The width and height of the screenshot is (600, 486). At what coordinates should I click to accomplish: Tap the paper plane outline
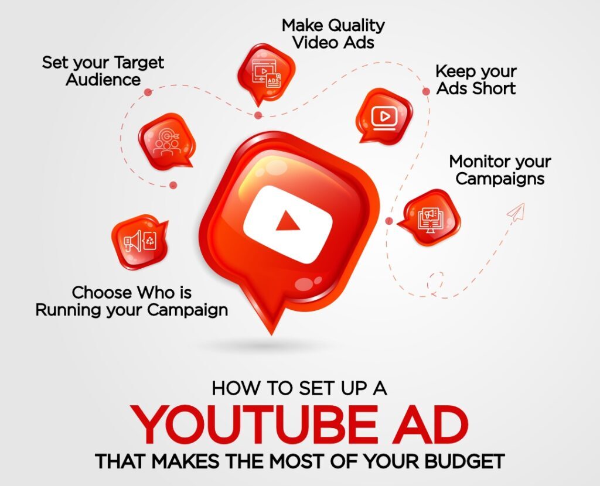coord(516,213)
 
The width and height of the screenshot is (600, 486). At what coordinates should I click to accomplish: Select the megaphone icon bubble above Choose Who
coord(140,242)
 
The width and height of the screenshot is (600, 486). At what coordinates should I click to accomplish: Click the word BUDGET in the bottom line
coord(465,461)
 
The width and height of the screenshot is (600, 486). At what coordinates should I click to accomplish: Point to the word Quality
coord(356,26)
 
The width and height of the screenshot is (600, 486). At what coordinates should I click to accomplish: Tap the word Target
coord(139,63)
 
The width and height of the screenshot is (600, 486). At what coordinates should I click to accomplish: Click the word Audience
coord(103,80)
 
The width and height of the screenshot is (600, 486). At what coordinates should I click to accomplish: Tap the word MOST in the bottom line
coord(297,461)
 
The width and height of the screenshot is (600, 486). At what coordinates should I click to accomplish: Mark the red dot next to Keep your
coord(426,91)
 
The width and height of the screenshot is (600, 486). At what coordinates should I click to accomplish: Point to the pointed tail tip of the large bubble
coord(272,334)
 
